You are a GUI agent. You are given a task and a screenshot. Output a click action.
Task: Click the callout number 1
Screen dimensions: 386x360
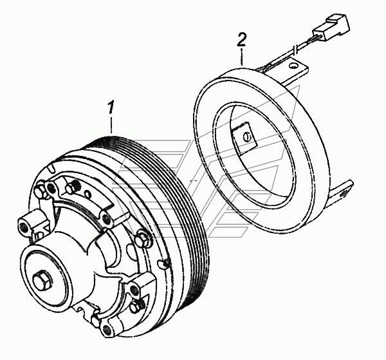(111, 107)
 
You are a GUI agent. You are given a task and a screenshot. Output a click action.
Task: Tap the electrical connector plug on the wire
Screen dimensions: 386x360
(331, 27)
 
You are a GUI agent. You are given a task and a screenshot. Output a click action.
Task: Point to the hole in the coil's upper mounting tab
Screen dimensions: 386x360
(293, 66)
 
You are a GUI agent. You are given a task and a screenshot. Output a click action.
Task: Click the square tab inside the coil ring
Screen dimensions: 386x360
(244, 137)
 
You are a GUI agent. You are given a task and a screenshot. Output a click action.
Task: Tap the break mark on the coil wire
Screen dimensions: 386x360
(295, 48)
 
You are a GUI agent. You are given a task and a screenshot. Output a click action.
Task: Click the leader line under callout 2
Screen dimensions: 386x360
(242, 56)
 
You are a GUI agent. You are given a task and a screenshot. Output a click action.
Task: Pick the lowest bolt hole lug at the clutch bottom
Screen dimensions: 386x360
(107, 328)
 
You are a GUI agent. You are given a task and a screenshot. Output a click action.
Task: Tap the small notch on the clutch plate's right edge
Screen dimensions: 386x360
(163, 263)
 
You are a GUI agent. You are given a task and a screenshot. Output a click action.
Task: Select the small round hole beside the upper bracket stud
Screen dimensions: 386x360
(87, 193)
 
